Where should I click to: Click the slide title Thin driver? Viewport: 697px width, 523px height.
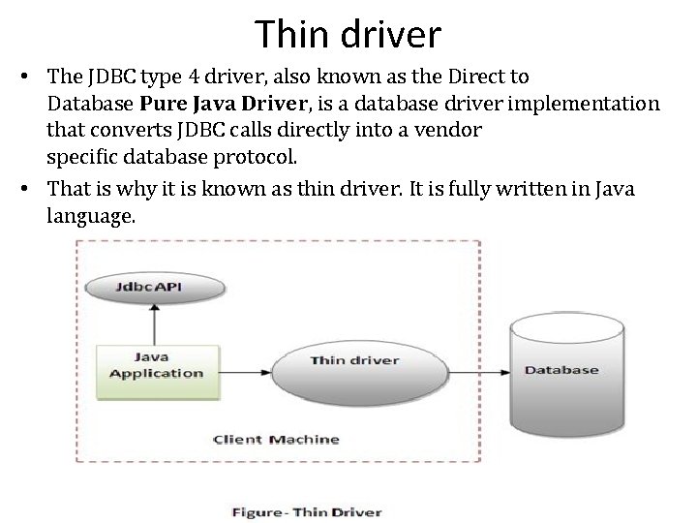[348, 35]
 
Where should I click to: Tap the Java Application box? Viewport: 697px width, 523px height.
[156, 365]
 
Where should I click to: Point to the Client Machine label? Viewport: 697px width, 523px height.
[276, 439]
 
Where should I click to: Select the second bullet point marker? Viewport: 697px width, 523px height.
[33, 189]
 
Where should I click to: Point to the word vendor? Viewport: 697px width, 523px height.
[455, 129]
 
